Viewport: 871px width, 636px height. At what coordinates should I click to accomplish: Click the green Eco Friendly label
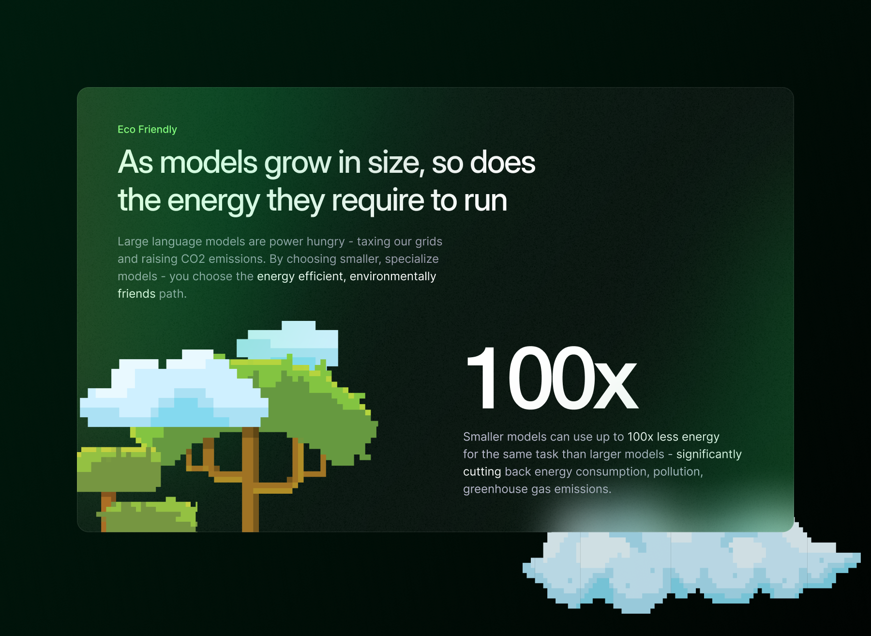[147, 129]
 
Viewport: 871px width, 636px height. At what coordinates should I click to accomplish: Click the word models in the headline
[209, 162]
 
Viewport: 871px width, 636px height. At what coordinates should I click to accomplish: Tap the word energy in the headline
[214, 201]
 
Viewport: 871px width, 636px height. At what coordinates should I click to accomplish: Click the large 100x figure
[551, 378]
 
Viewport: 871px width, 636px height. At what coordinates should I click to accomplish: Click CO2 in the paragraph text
[193, 259]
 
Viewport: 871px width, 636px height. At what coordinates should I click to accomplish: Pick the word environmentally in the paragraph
[393, 276]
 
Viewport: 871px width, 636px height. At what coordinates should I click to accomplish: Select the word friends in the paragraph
[136, 294]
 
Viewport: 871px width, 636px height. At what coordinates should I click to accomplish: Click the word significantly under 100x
[709, 454]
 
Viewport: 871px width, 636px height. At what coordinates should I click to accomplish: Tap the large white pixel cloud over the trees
[174, 390]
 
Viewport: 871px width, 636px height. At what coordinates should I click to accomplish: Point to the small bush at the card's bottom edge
[148, 515]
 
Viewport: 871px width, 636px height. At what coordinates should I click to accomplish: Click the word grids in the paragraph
[429, 242]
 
